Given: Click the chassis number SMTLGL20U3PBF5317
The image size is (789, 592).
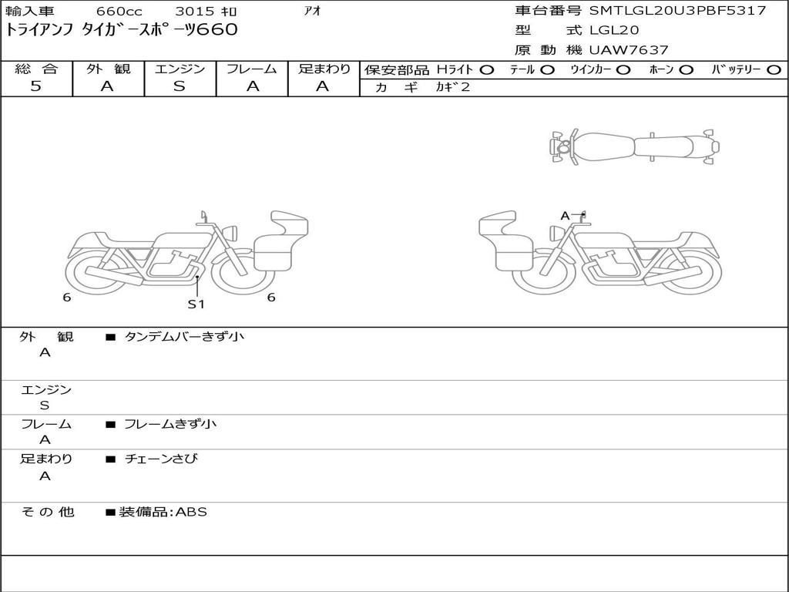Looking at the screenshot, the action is tap(677, 10).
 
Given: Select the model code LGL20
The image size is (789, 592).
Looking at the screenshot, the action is tap(614, 30).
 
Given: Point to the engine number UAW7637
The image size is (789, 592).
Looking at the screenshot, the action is tap(629, 50).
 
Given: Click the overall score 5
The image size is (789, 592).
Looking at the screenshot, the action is tap(35, 86).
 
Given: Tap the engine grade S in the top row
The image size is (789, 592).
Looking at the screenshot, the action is tap(180, 86).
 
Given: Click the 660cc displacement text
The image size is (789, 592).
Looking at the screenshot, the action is tap(119, 11).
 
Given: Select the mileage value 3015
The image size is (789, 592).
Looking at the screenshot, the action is tap(195, 11).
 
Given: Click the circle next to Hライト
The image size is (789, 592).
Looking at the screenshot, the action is tap(487, 70).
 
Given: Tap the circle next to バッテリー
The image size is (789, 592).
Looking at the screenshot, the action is tap(774, 70).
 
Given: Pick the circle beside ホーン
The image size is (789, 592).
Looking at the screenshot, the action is tap(687, 70).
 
